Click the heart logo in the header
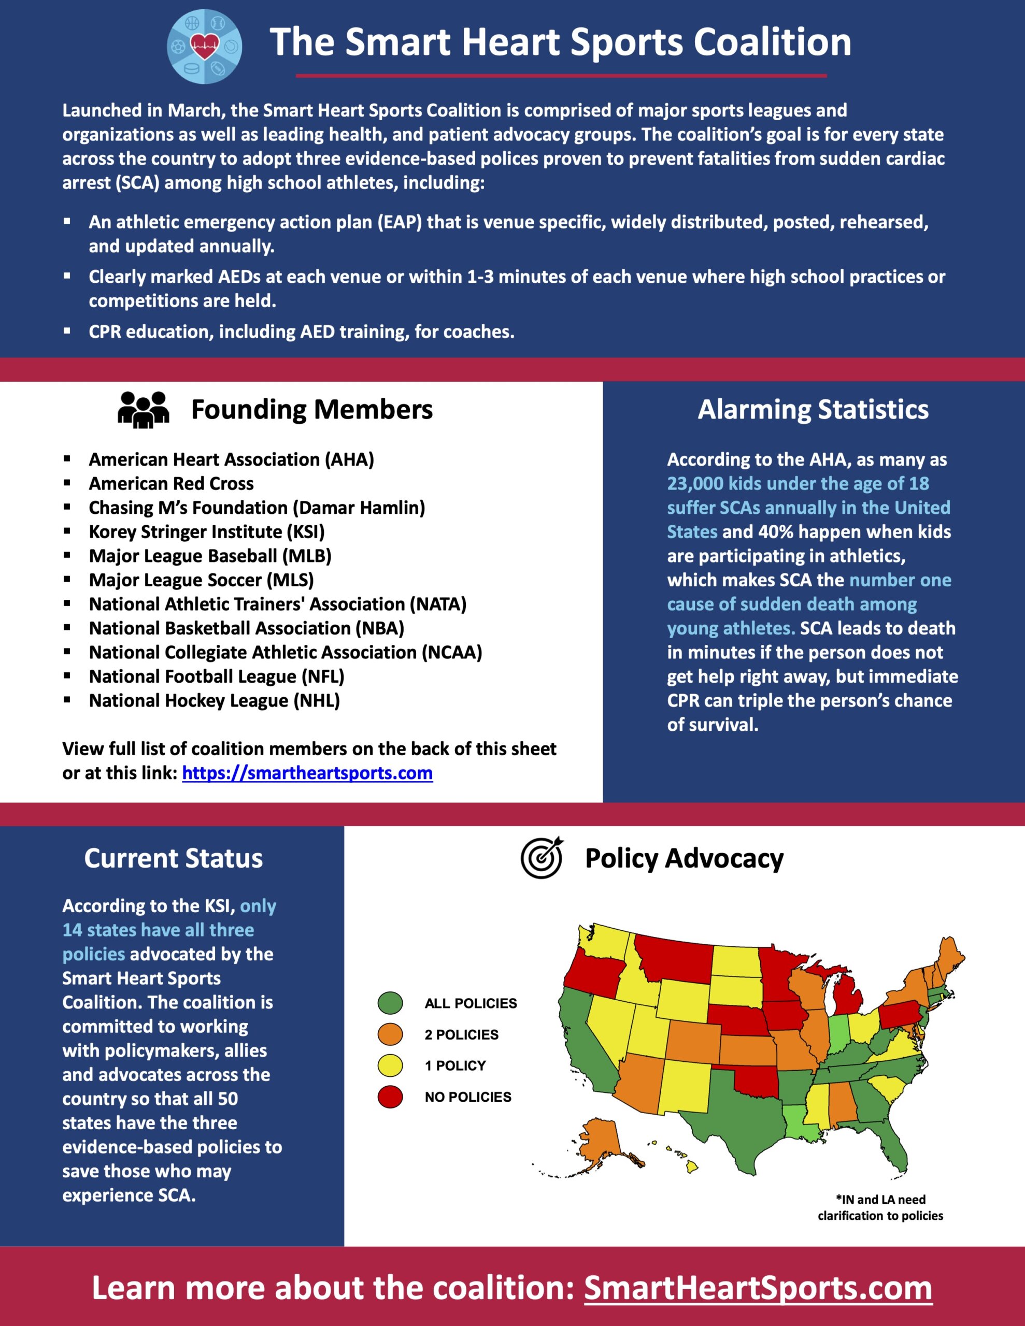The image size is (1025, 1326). [204, 46]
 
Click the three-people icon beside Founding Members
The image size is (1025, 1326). [144, 410]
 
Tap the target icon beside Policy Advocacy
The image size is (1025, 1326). [542, 858]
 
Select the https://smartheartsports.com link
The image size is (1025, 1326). [307, 773]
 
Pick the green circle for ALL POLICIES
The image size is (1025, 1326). [390, 1003]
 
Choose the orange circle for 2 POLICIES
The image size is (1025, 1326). [390, 1034]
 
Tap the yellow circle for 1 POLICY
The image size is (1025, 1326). [390, 1065]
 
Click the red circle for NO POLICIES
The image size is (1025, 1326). [390, 1097]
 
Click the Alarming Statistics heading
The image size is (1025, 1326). [813, 410]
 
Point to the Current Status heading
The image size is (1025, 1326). [173, 858]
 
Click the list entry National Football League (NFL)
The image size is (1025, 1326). [216, 676]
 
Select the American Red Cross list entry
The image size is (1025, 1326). [172, 483]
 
